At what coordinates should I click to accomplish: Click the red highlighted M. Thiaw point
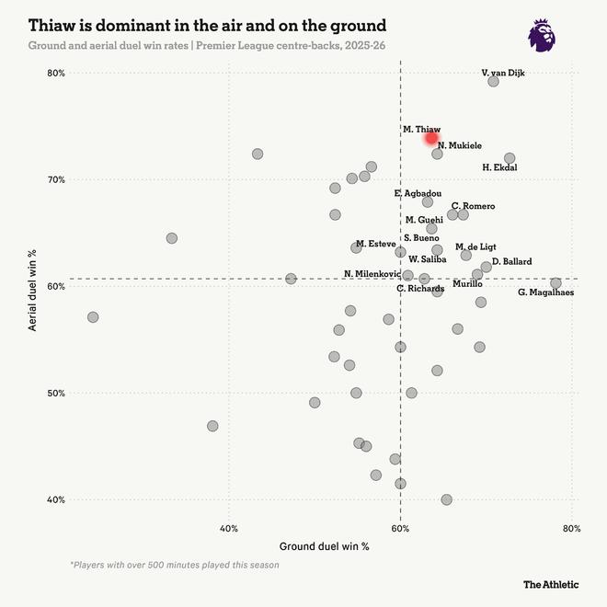[x=431, y=138]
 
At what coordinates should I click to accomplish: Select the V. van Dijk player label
[x=503, y=73]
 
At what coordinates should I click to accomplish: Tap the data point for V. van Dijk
[x=493, y=82]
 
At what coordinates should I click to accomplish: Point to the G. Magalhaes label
[x=545, y=292]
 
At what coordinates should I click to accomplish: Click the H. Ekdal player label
[x=499, y=167]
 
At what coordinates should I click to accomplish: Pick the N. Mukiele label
[x=459, y=145]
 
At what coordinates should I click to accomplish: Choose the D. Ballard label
[x=511, y=262]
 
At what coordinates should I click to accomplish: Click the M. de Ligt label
[x=475, y=247]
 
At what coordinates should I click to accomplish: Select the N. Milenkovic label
[x=372, y=274]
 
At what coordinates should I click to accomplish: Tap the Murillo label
[x=467, y=283]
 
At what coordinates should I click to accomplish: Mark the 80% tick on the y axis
[x=56, y=74]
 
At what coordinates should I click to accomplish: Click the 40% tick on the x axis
[x=229, y=528]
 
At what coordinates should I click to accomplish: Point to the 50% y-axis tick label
[x=56, y=394]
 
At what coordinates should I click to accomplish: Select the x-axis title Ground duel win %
[x=324, y=546]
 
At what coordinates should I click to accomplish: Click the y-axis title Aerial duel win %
[x=32, y=286]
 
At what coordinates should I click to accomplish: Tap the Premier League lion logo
[x=541, y=35]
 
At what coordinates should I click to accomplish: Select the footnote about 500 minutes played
[x=174, y=565]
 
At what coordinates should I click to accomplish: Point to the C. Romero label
[x=473, y=206]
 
